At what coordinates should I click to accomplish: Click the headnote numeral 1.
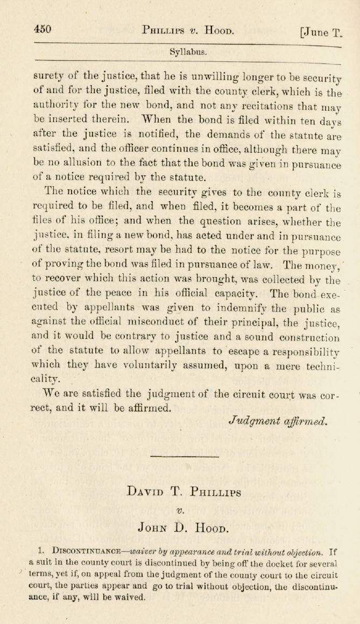click(41, 552)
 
